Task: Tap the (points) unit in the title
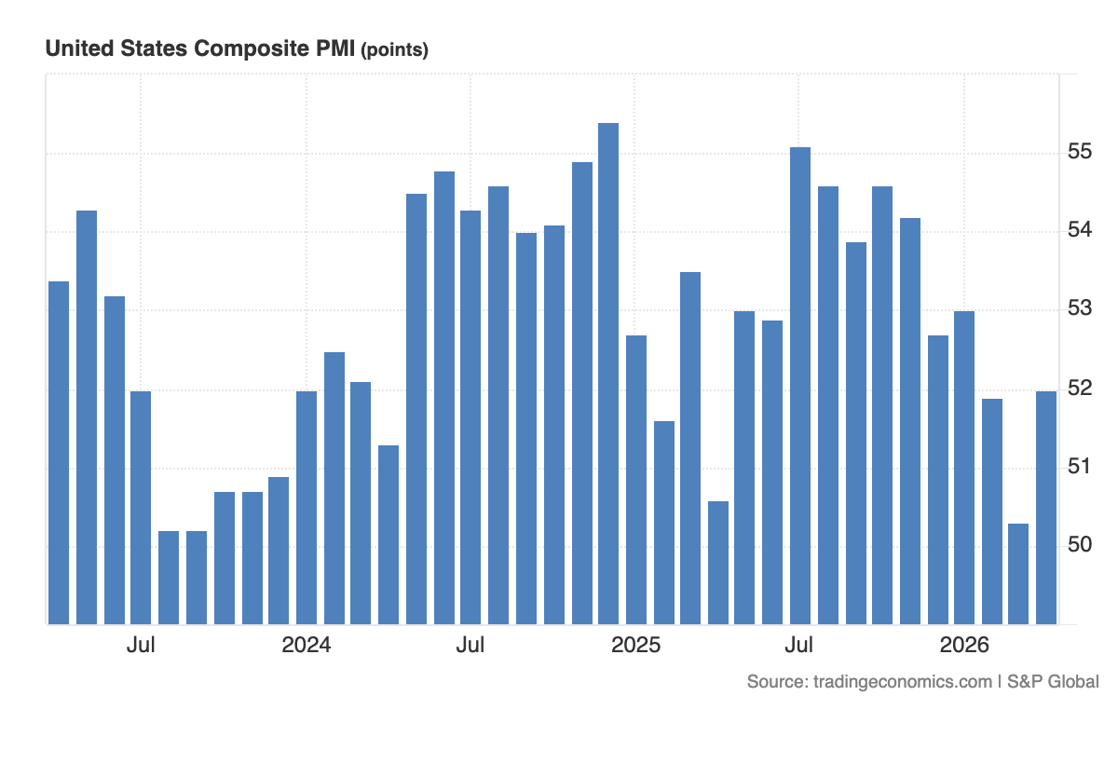[394, 50]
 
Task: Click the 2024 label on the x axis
[306, 646]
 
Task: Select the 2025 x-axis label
[635, 646]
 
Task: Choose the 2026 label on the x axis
[964, 646]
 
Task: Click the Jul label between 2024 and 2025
[470, 646]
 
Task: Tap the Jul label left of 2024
[141, 646]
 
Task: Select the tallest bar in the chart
[608, 373]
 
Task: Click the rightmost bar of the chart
[1046, 508]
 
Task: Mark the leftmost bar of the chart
[59, 452]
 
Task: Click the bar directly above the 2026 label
[964, 466]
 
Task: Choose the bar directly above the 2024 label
[307, 508]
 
